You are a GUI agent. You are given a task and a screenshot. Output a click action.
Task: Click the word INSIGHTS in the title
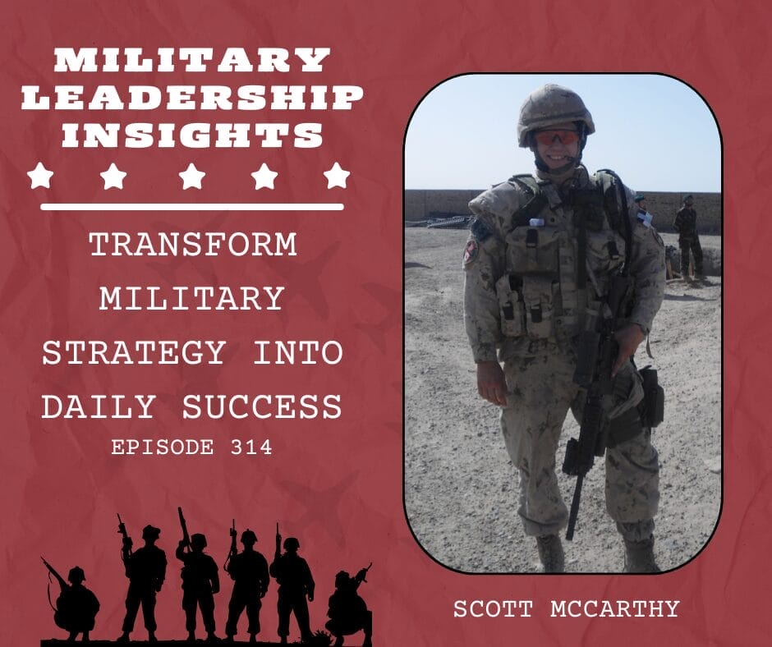(192, 134)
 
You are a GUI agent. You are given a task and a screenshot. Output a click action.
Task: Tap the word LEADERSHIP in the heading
(192, 97)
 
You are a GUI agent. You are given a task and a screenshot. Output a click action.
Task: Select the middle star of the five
(192, 175)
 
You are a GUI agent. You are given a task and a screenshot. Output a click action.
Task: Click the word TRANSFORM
(192, 245)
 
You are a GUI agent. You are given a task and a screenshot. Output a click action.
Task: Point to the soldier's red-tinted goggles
(556, 138)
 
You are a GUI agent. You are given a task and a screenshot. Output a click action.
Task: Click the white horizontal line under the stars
(192, 206)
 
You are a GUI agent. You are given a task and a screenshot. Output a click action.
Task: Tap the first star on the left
(39, 175)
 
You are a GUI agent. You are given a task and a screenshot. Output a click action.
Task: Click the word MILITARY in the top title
(192, 60)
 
